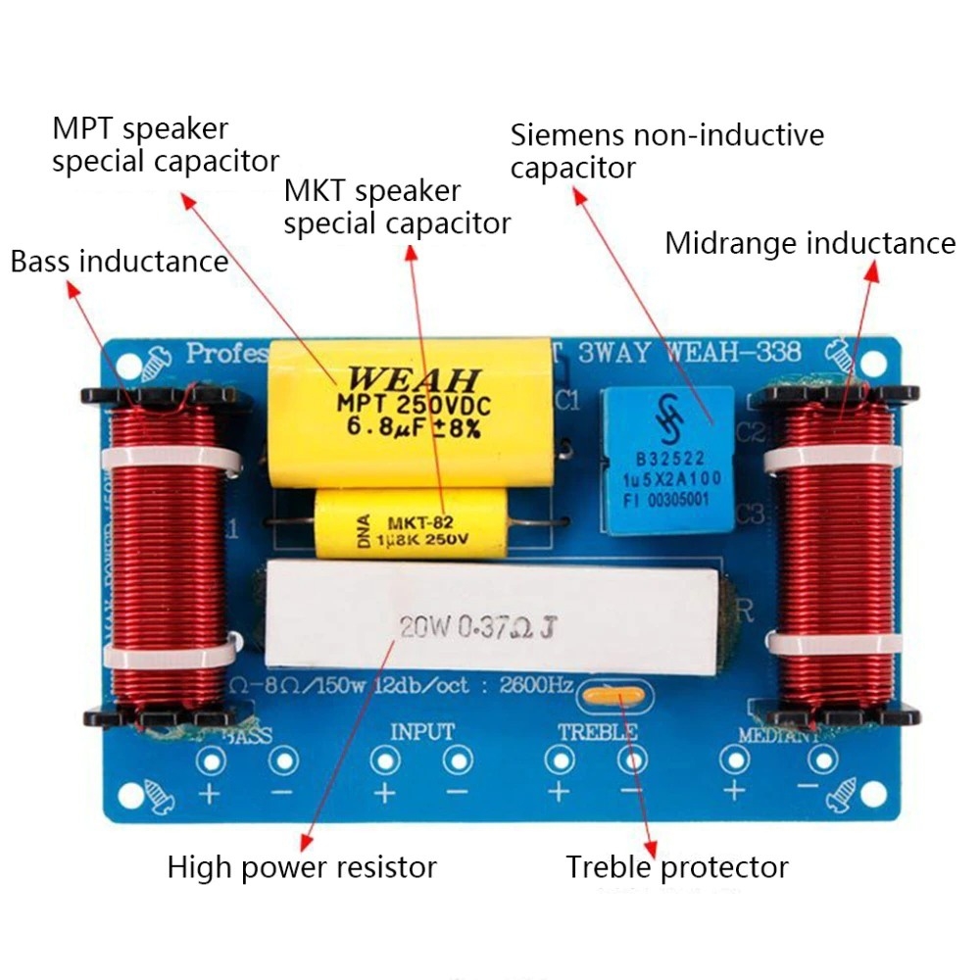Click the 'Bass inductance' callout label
point(119,262)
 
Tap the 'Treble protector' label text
point(676,867)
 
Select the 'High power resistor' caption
point(301,867)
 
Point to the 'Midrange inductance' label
point(809,243)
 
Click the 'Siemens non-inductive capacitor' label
point(666,151)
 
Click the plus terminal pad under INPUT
point(383,760)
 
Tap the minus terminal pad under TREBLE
point(631,760)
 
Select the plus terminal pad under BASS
point(209,760)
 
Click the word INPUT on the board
point(422,731)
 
